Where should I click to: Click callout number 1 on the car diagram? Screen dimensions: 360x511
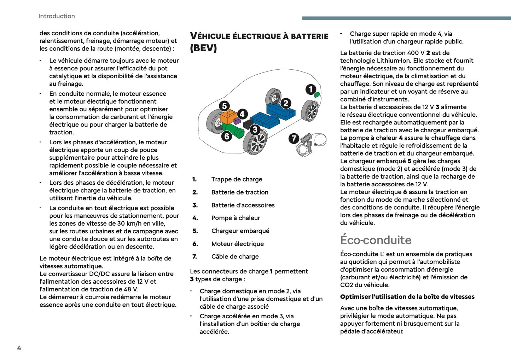pos(311,89)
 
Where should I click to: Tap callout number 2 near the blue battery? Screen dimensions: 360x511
pos(286,103)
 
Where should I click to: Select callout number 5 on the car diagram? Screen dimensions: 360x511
pos(224,106)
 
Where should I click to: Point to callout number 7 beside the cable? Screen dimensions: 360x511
pos(294,138)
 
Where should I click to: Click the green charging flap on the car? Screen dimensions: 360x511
pos(317,94)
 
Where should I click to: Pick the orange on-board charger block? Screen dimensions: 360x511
pos(228,116)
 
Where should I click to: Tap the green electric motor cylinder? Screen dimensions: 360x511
pos(235,130)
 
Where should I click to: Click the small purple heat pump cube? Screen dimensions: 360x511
pos(237,121)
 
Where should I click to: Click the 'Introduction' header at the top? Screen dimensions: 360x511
pos(57,16)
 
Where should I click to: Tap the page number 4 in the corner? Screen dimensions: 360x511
pos(19,348)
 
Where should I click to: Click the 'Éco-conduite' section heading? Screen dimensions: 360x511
pos(376,240)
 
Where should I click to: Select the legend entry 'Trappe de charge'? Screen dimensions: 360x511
pos(237,179)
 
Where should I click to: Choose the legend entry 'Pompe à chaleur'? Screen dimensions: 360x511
pos(236,218)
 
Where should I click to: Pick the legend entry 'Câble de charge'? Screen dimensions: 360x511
pos(235,256)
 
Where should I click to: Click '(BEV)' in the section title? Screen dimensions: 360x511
pos(203,48)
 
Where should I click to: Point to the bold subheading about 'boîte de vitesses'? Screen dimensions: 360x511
pos(407,297)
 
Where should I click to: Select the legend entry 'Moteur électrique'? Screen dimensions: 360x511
pos(237,244)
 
